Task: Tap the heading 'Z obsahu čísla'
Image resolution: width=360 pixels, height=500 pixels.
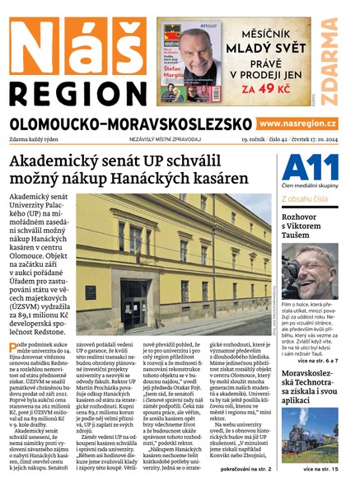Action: click(306, 199)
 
